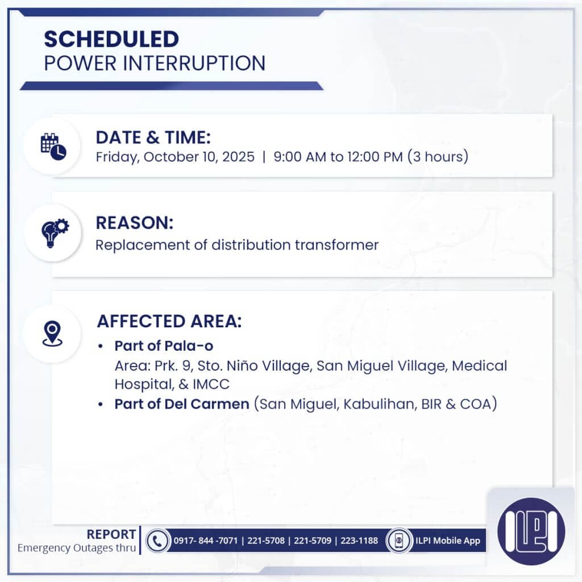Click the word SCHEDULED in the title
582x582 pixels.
111,39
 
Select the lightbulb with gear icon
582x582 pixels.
53,232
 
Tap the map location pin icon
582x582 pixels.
53,334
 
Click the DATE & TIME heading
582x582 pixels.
153,138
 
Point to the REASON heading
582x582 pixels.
134,223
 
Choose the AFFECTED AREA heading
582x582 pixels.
169,321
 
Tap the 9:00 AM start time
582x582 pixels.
299,157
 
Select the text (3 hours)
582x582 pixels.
438,157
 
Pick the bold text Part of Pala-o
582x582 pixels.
164,346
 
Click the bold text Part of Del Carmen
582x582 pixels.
182,404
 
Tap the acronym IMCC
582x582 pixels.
211,384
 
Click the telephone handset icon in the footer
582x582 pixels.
157,541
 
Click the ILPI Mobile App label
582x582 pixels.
447,541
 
